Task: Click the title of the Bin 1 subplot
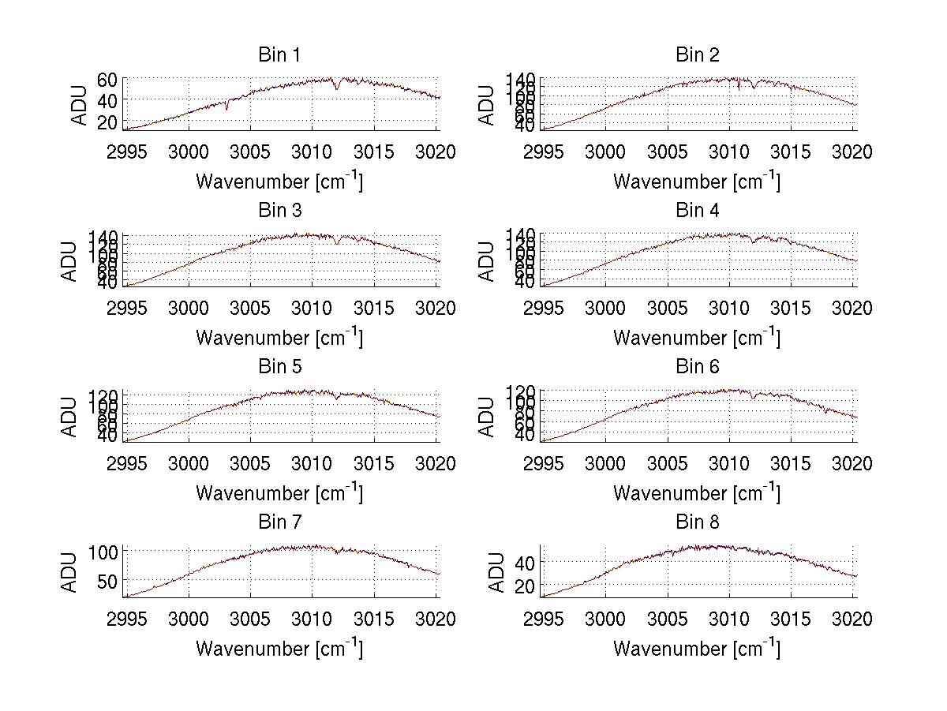pos(279,54)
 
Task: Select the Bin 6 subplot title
pos(697,366)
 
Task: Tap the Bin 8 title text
pos(697,522)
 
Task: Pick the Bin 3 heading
pos(279,211)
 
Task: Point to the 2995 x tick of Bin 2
pos(543,152)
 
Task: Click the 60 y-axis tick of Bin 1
pos(108,80)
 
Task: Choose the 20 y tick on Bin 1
pos(108,122)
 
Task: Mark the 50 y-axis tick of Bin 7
pos(108,581)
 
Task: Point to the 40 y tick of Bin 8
pos(526,563)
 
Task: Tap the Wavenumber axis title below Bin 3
pos(279,337)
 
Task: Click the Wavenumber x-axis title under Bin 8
pos(697,649)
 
